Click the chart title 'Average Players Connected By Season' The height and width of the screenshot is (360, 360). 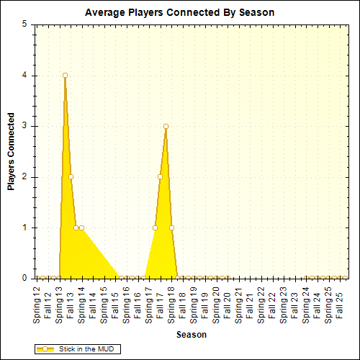(x=179, y=13)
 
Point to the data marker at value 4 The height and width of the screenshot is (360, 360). (x=65, y=75)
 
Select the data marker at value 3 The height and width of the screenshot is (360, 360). (x=166, y=126)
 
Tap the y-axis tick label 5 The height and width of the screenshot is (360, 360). (x=25, y=24)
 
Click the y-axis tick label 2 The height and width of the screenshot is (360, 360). (x=25, y=176)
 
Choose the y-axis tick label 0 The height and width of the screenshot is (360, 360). (x=25, y=278)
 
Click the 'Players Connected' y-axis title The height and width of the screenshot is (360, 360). (x=11, y=151)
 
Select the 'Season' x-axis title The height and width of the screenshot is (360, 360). (x=192, y=335)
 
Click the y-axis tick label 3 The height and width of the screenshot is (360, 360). (x=25, y=126)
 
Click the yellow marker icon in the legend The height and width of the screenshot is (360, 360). (x=45, y=348)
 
